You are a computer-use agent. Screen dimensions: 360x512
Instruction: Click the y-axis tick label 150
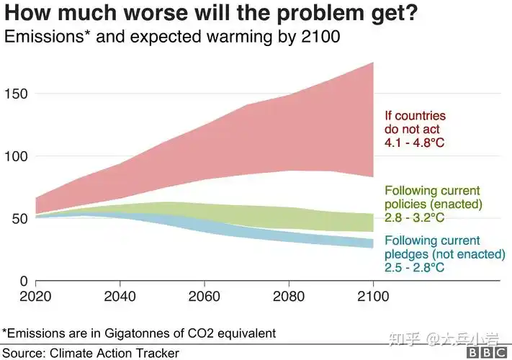(17, 94)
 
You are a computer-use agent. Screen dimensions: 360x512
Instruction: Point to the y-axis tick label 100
(17, 156)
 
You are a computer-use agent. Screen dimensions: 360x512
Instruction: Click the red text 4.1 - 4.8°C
(415, 143)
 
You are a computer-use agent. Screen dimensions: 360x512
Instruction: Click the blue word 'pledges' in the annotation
(408, 254)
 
